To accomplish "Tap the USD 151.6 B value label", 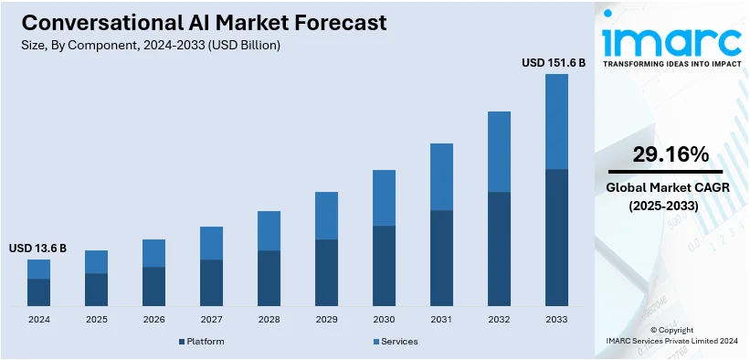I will coord(554,63).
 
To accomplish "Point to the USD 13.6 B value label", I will coord(37,249).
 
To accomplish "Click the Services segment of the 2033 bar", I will coord(556,122).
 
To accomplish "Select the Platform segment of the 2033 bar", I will coord(556,238).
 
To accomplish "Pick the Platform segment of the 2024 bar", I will coord(38,292).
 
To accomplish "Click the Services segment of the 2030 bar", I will coord(384,197).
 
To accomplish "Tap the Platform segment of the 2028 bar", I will coord(269,278).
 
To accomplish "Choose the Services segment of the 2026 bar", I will coord(153,253).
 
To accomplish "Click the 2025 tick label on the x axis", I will coord(96,320).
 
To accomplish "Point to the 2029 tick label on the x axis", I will coord(326,320).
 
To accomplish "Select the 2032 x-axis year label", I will coord(499,320).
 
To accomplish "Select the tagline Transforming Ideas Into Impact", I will coord(671,64).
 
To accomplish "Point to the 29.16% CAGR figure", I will coord(663,154).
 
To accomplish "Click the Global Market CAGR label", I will coord(663,187).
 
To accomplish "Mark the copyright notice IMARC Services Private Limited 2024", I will coord(671,341).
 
